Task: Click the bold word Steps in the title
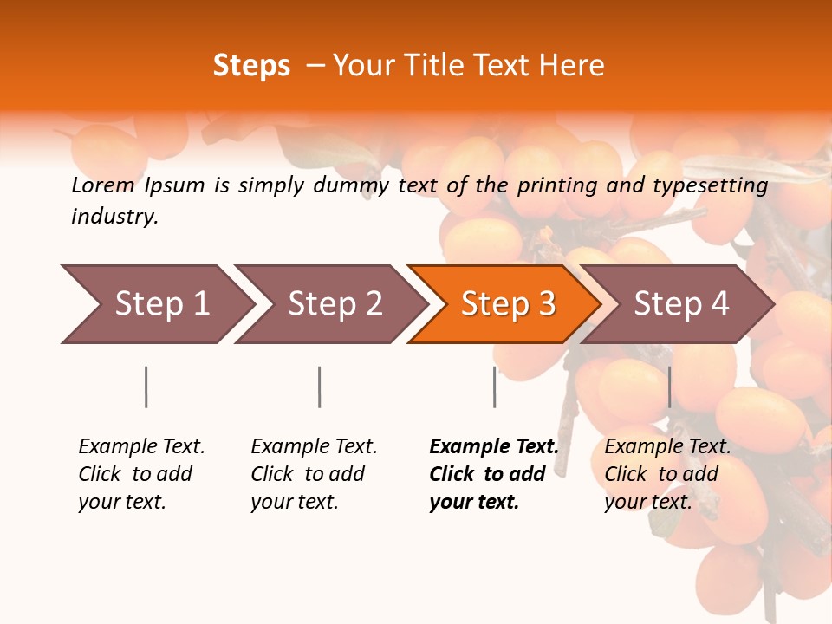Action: [251, 66]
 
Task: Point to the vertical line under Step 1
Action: [146, 387]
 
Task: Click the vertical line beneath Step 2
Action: [320, 387]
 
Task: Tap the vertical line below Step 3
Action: [494, 387]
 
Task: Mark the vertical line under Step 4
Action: [669, 387]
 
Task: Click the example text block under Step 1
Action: [141, 474]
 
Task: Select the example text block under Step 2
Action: [314, 474]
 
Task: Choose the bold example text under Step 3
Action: [494, 474]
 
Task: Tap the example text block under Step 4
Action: [667, 474]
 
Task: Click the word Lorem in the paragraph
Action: [102, 185]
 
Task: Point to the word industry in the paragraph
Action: [114, 217]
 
